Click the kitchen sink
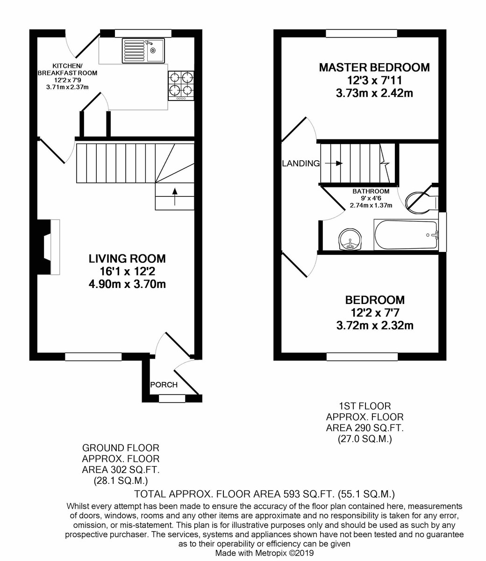tap(143, 50)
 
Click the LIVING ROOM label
tap(127, 259)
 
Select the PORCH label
tap(164, 385)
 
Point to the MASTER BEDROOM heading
tap(374, 67)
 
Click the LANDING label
tap(300, 164)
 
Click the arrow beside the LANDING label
tap(333, 164)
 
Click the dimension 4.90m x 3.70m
tap(127, 284)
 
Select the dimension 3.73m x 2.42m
tap(374, 93)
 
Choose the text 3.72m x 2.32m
tap(374, 325)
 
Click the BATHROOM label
tap(371, 191)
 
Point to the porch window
tap(172, 399)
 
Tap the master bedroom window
tap(361, 34)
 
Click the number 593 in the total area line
tap(296, 494)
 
